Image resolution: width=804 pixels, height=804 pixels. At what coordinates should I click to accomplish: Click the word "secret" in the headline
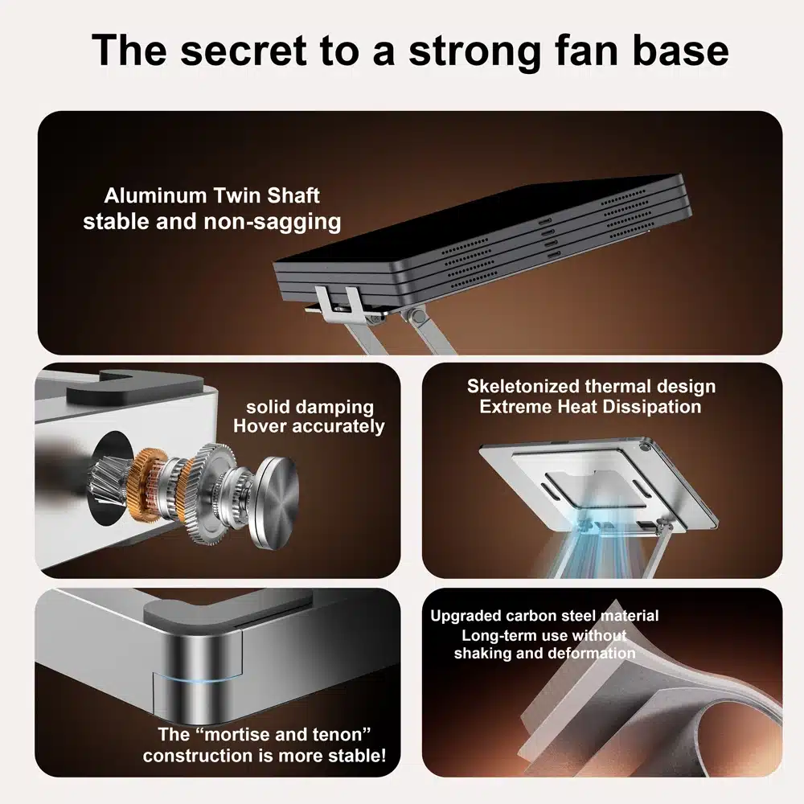pyautogui.click(x=243, y=51)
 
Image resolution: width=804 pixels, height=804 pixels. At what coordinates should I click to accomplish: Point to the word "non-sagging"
pyautogui.click(x=273, y=222)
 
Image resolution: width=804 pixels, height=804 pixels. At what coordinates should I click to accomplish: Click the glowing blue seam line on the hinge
pyautogui.click(x=198, y=679)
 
